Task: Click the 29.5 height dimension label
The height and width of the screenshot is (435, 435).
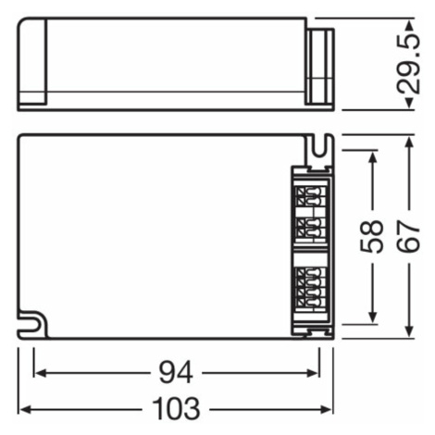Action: (x=409, y=64)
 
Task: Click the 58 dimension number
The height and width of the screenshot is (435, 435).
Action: (x=373, y=237)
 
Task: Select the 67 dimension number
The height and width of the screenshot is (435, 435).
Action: (x=409, y=237)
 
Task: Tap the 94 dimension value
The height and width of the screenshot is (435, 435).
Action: (x=176, y=373)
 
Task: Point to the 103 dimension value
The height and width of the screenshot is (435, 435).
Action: (x=176, y=410)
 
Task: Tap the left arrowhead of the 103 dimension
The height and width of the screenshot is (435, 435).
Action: (x=25, y=410)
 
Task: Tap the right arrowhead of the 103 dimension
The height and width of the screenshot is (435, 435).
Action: (x=327, y=410)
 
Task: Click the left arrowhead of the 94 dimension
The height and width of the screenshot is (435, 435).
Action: (x=40, y=373)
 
